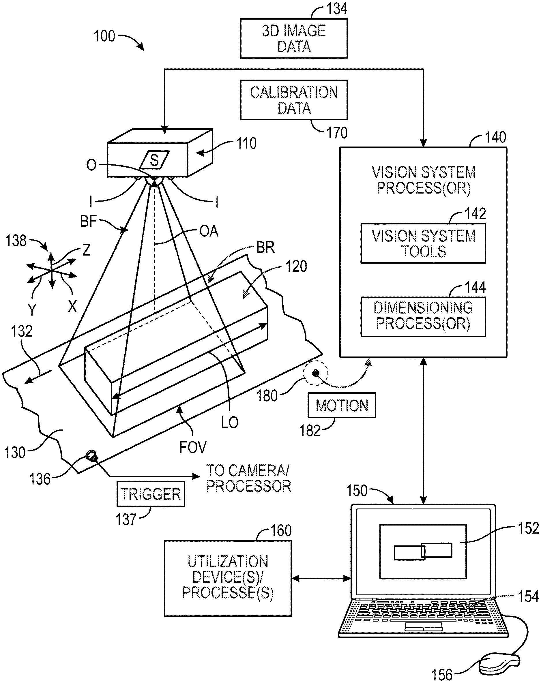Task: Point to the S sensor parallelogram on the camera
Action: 154,160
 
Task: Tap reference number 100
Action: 104,36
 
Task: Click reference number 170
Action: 337,133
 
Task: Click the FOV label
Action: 193,447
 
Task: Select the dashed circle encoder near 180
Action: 315,373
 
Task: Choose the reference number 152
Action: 528,528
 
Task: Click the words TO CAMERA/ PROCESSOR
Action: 249,479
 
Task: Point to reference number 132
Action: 22,331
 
